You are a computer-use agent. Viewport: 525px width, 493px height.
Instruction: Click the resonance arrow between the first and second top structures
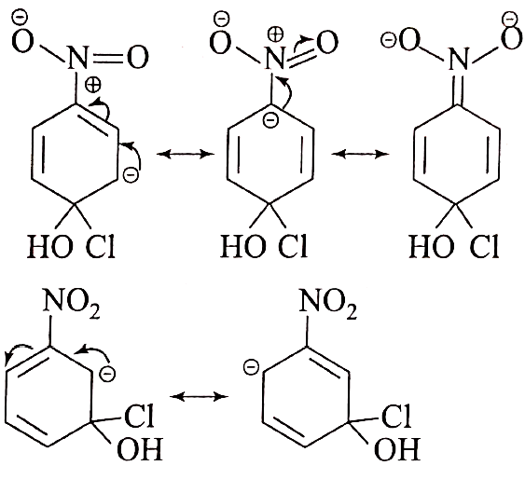186,154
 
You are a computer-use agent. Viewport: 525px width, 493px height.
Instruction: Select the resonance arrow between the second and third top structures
360,154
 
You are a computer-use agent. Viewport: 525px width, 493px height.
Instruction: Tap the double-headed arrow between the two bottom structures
200,397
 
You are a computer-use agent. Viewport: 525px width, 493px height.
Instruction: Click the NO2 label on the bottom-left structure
72,303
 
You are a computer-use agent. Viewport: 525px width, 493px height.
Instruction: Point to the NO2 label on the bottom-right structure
328,303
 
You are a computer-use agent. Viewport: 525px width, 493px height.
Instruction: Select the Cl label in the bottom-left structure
139,416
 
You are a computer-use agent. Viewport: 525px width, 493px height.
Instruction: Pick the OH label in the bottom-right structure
396,449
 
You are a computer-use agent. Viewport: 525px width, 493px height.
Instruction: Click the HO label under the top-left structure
49,246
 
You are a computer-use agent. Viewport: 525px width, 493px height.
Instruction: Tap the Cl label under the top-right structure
484,246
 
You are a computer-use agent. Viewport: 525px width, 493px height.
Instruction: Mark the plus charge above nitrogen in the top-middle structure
276,34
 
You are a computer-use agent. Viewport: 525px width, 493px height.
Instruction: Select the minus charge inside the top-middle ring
270,120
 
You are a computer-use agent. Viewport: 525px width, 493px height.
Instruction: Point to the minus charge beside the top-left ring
131,175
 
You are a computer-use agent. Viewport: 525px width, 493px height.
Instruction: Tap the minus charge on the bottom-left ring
108,374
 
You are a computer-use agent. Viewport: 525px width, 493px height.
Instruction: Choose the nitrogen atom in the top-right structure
457,60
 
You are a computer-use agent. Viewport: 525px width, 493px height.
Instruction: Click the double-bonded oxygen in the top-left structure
138,57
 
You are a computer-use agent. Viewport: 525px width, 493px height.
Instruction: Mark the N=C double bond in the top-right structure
457,89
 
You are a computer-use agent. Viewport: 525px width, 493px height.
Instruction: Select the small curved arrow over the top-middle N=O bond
300,44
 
